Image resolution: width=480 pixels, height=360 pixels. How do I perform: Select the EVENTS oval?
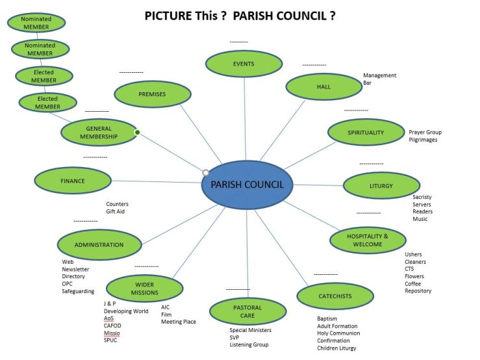point(244,64)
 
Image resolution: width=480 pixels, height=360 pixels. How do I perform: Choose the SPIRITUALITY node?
point(366,132)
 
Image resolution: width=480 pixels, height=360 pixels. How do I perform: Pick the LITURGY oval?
point(381,186)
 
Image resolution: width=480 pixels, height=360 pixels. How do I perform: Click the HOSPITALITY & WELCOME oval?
point(368,240)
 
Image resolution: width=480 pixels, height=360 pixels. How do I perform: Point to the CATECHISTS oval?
point(335,296)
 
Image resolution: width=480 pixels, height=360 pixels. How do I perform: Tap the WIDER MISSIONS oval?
point(144,288)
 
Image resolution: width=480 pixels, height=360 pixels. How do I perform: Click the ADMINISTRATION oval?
point(99,245)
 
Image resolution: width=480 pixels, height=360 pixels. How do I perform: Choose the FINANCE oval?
point(73,181)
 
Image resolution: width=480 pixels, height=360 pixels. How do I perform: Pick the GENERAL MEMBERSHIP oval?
point(99,133)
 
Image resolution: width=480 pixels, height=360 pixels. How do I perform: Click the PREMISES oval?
point(152,94)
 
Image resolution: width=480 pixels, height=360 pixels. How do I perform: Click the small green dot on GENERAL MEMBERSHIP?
point(137,133)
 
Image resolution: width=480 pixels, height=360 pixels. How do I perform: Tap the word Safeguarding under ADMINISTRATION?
point(78,291)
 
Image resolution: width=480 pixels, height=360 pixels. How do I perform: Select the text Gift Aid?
point(116,211)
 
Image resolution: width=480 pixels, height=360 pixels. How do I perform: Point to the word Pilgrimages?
point(423,140)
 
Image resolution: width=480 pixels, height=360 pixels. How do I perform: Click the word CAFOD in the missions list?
point(112,326)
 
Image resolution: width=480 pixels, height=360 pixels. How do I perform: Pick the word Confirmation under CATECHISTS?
point(333,341)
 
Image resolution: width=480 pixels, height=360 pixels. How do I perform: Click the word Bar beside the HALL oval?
point(368,83)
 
